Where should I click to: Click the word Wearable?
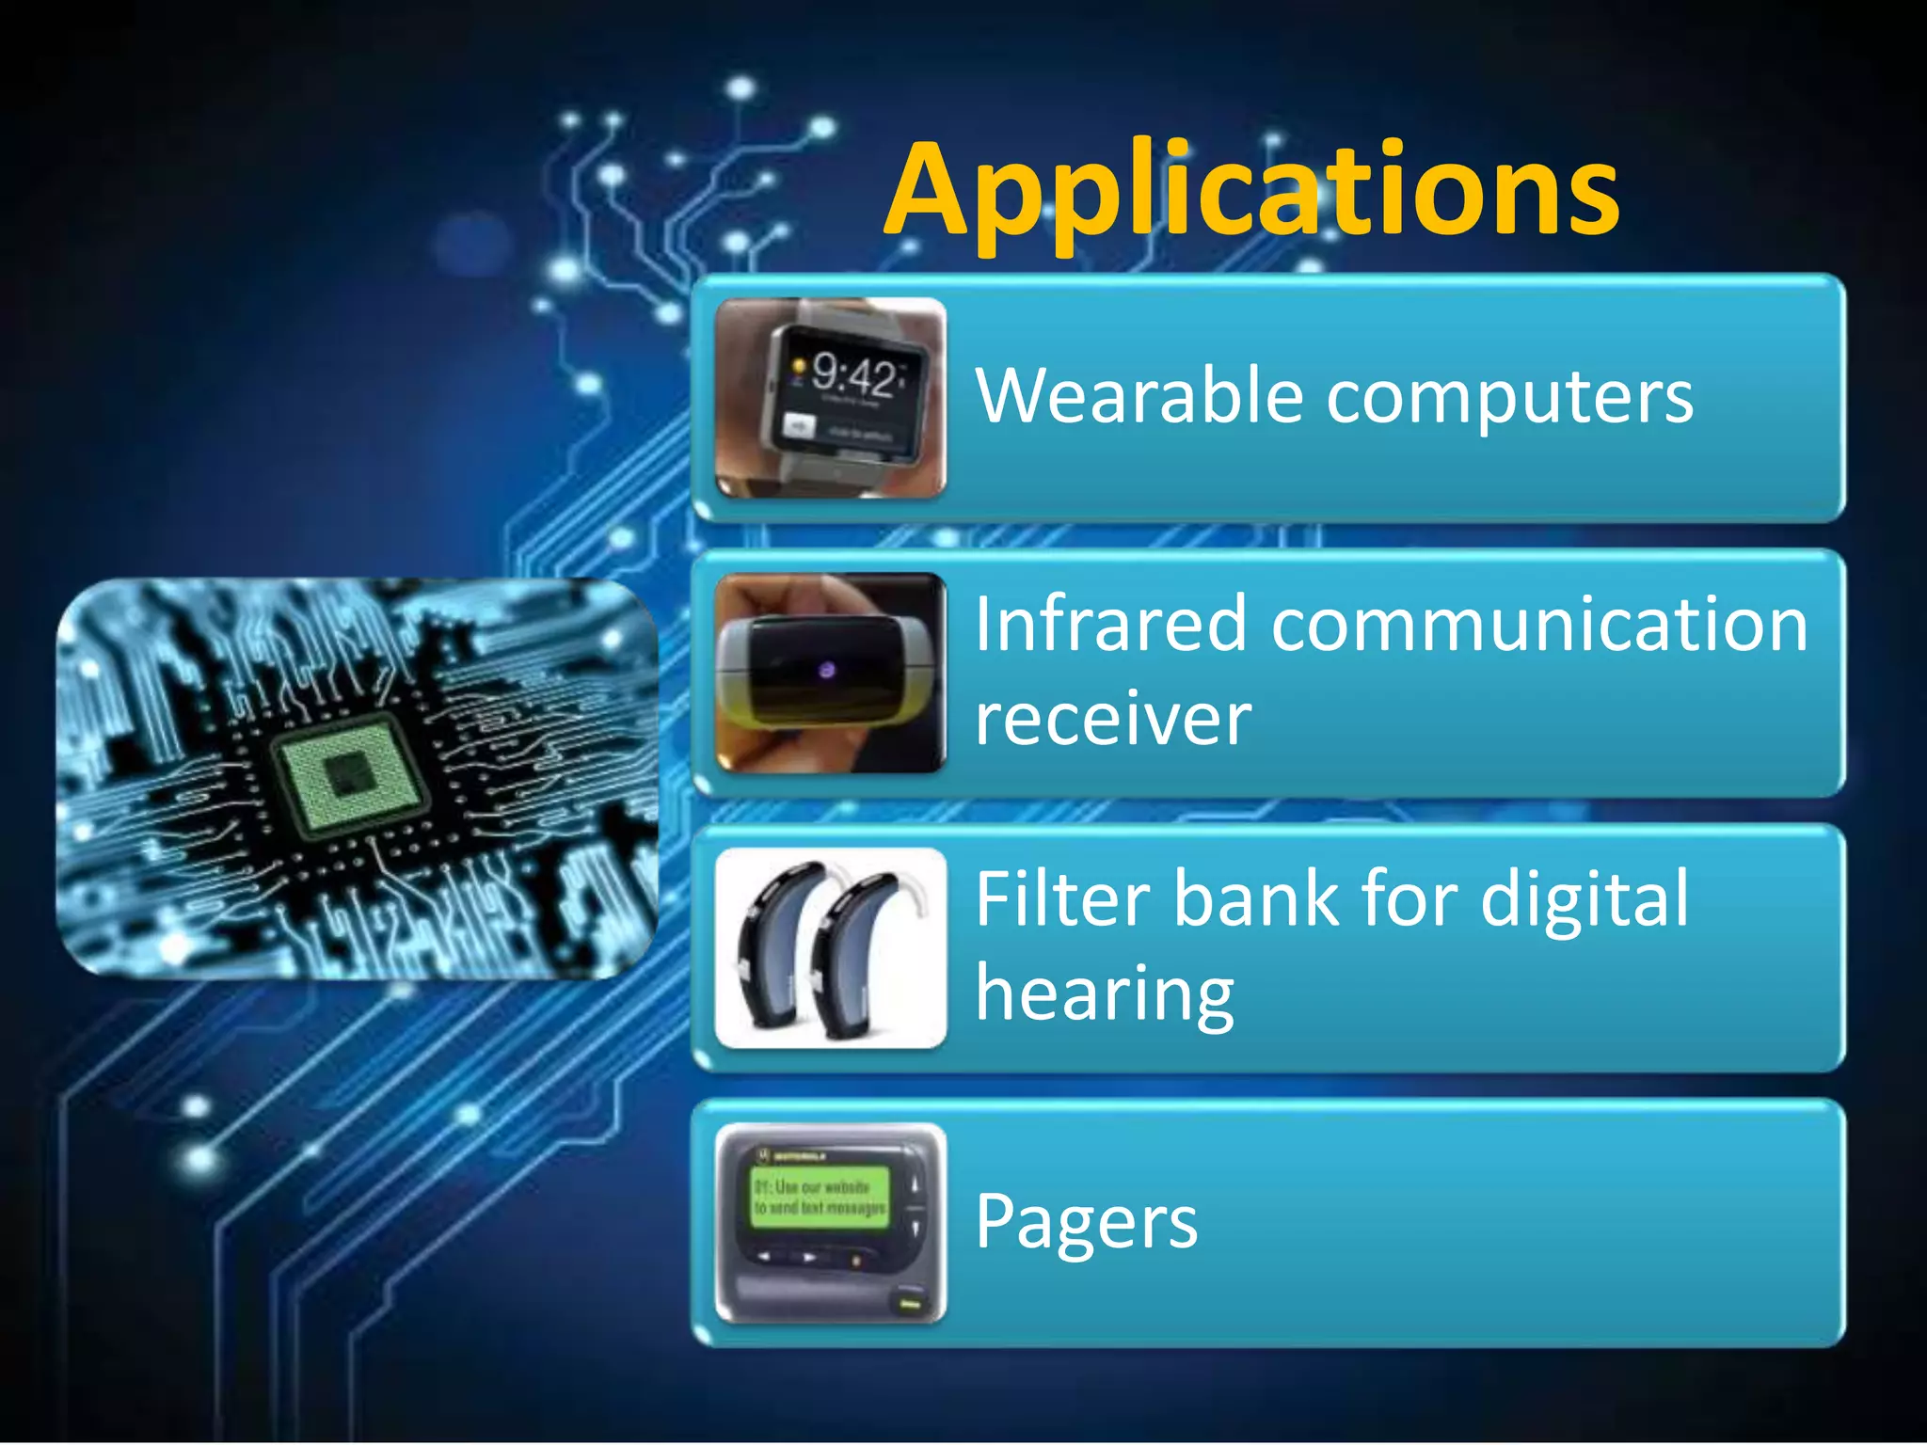click(1139, 395)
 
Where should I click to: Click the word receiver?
click(1112, 719)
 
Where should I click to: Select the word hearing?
click(1105, 995)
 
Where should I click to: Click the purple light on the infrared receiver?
click(827, 670)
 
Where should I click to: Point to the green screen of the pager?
click(820, 1197)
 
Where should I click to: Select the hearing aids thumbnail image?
click(830, 947)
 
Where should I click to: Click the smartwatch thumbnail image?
click(830, 397)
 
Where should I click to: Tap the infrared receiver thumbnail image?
click(830, 673)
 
